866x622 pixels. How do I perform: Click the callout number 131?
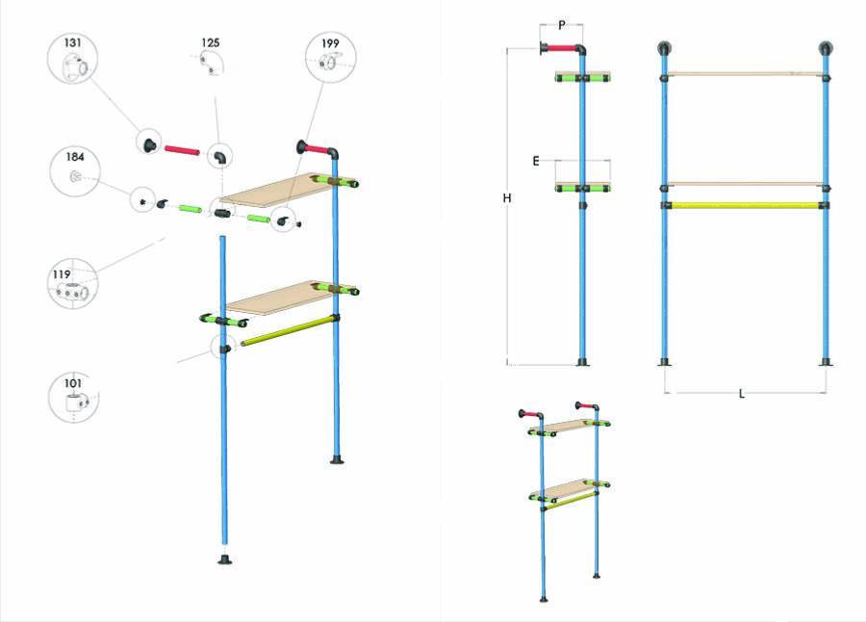click(72, 42)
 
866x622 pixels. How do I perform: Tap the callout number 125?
click(211, 42)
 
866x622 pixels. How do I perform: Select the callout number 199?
click(330, 43)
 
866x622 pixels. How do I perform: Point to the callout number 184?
click(75, 157)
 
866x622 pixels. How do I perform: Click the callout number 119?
click(62, 274)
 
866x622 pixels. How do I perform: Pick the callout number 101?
click(73, 383)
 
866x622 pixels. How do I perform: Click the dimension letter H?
click(507, 198)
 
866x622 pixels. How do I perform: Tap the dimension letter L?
click(742, 394)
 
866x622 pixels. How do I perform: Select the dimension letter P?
click(562, 25)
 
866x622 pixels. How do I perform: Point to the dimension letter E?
click(536, 161)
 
